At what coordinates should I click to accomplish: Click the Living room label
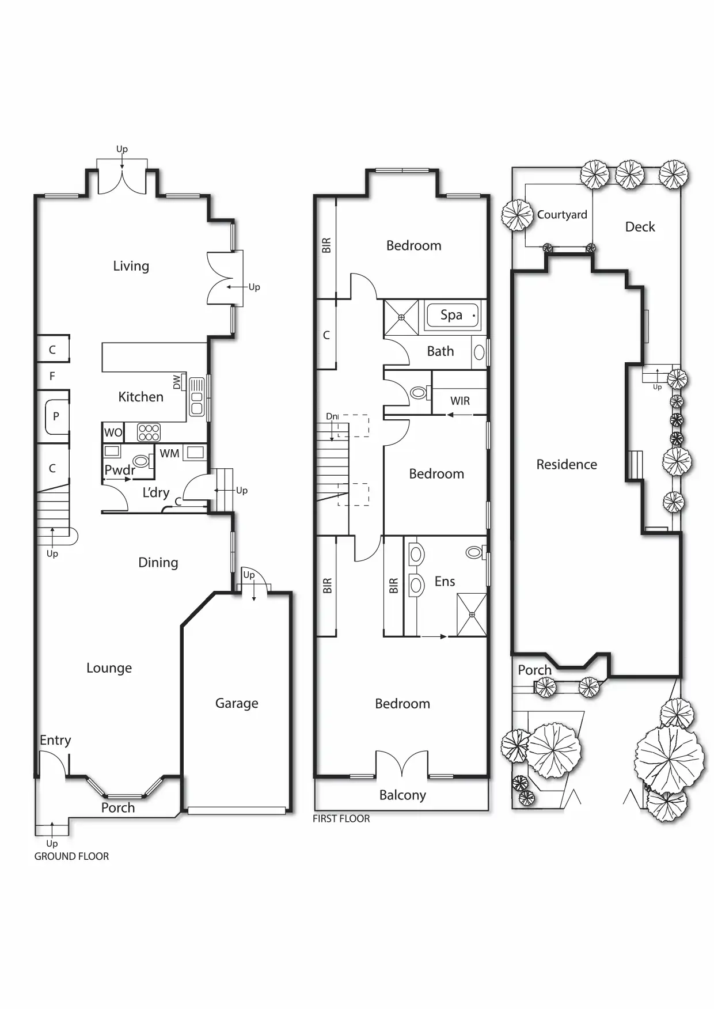click(131, 266)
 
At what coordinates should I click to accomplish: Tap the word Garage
click(237, 703)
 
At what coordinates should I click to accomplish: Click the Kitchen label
click(140, 397)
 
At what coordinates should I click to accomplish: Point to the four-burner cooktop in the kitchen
click(149, 432)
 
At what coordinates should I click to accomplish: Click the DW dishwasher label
click(177, 382)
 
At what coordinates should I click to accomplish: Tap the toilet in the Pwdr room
click(140, 461)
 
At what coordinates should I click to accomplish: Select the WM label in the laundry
click(169, 454)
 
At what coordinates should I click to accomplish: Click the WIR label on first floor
click(460, 401)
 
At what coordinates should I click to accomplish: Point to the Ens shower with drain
click(472, 615)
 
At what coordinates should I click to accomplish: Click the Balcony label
click(402, 795)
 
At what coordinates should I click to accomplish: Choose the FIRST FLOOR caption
click(341, 819)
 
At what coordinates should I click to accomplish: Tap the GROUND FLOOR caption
click(71, 856)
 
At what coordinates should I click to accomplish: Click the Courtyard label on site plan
click(562, 215)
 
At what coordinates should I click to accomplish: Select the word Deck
click(640, 227)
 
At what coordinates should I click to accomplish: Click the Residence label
click(567, 464)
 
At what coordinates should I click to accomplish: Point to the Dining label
click(158, 563)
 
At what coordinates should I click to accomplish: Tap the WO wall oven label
click(113, 433)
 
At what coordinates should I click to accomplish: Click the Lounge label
click(109, 668)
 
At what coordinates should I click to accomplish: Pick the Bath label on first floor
click(440, 351)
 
